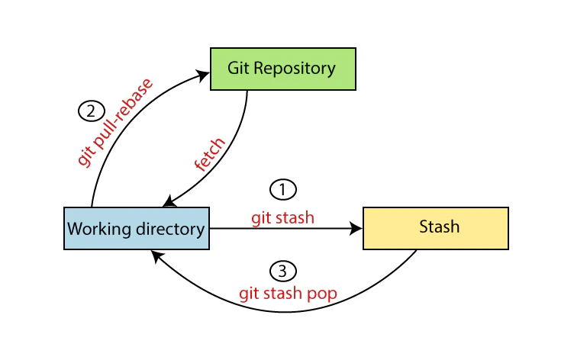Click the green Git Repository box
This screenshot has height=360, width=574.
click(282, 69)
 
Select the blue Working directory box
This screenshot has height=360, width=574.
click(136, 228)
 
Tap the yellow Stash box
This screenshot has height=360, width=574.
click(435, 228)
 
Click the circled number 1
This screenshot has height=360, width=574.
click(282, 188)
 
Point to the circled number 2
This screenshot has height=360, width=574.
click(91, 111)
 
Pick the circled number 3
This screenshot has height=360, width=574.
click(282, 271)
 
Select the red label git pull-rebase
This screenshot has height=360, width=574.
click(115, 122)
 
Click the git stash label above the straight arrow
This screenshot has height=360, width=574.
click(282, 217)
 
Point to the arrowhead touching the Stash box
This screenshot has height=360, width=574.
click(356, 228)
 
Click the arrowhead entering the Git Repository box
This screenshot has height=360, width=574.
click(204, 74)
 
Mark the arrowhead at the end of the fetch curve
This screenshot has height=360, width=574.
click(169, 202)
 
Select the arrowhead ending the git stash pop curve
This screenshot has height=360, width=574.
click(155, 256)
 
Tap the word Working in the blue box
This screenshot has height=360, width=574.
click(94, 229)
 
